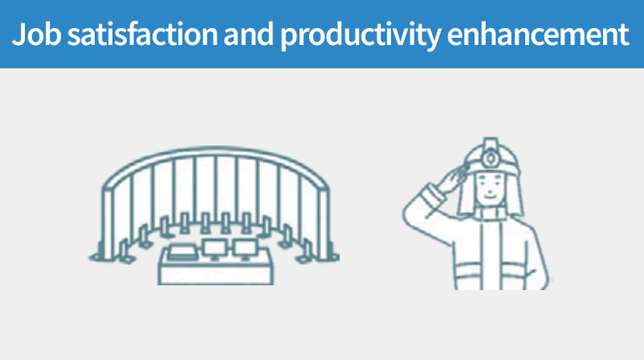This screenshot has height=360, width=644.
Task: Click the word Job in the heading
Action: pyautogui.click(x=36, y=34)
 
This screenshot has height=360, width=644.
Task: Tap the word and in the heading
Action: pyautogui.click(x=249, y=34)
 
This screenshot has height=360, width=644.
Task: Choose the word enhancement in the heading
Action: pyautogui.click(x=538, y=34)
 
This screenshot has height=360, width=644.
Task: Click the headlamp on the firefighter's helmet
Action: pyautogui.click(x=489, y=158)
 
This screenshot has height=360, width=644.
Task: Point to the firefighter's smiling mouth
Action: pyautogui.click(x=489, y=196)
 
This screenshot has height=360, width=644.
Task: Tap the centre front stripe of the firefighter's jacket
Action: pyautogui.click(x=491, y=254)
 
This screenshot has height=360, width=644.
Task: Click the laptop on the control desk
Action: pyautogui.click(x=184, y=252)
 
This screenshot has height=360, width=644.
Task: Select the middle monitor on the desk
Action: pyautogui.click(x=214, y=249)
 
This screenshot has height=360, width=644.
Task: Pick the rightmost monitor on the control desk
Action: pyautogui.click(x=245, y=249)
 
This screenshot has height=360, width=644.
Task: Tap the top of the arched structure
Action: pyautogui.click(x=215, y=150)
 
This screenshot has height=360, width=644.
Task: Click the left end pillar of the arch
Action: pyautogui.click(x=108, y=224)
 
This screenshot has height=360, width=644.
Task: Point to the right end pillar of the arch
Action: pyautogui.click(x=324, y=224)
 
